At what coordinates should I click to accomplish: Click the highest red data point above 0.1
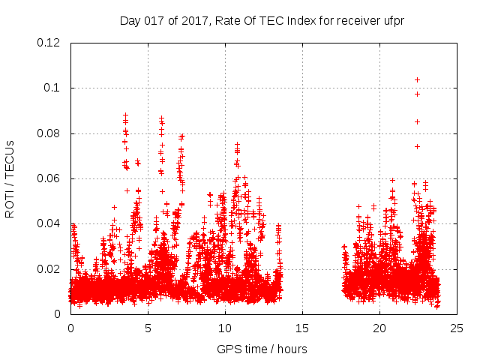click(x=417, y=79)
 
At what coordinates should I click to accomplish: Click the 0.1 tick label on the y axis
click(x=54, y=88)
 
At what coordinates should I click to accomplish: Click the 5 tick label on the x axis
click(x=148, y=328)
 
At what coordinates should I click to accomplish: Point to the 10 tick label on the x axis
click(x=225, y=328)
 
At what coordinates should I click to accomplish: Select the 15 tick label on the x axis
click(x=302, y=328)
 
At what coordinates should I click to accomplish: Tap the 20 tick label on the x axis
click(x=379, y=328)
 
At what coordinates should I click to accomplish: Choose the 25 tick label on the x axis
click(x=457, y=328)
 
